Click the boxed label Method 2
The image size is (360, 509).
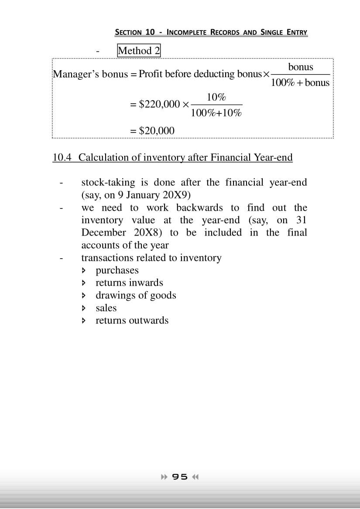[139, 51]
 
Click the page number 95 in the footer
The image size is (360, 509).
[180, 477]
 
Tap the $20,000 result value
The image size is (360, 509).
[156, 131]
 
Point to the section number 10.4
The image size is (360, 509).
[62, 157]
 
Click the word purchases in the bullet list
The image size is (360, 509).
[117, 270]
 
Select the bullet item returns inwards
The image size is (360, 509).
[129, 283]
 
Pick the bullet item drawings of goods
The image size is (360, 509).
[136, 295]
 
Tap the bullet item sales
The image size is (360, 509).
[106, 308]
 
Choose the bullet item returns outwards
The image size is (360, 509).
[132, 321]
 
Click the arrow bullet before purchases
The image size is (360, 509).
[84, 271]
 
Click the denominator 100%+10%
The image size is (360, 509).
[216, 113]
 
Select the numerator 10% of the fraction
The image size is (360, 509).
[216, 97]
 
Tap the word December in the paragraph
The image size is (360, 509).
[103, 232]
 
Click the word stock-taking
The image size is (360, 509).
[109, 182]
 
